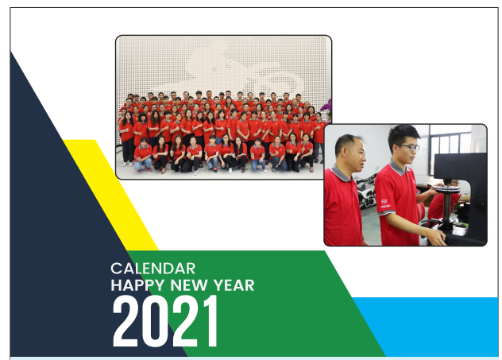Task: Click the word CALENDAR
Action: pyautogui.click(x=153, y=269)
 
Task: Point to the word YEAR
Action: pyautogui.click(x=234, y=285)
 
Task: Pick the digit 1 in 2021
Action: pyautogui.click(x=210, y=321)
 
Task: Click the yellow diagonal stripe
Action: pyautogui.click(x=110, y=195)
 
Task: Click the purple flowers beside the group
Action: pyautogui.click(x=326, y=108)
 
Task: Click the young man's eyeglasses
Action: pyautogui.click(x=408, y=147)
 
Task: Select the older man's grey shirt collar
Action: pyautogui.click(x=340, y=173)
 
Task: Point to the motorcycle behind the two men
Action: pyautogui.click(x=367, y=189)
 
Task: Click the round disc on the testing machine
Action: pyautogui.click(x=446, y=189)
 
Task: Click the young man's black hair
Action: pyautogui.click(x=403, y=134)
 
